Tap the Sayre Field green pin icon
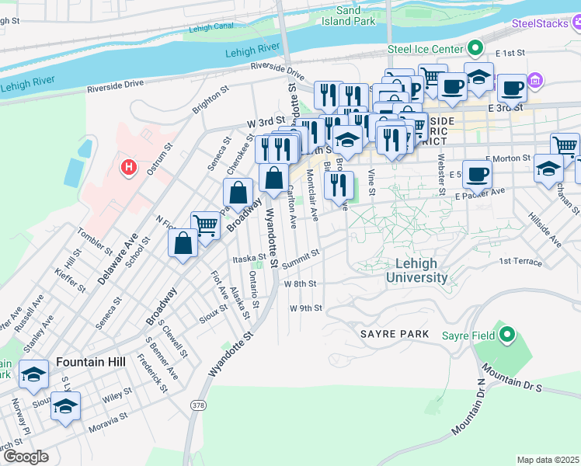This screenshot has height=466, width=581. pyautogui.click(x=507, y=336)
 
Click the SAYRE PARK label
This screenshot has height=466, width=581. pyautogui.click(x=394, y=333)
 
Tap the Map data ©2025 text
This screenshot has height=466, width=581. pyautogui.click(x=548, y=460)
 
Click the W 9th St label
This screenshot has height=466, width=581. pyautogui.click(x=305, y=308)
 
